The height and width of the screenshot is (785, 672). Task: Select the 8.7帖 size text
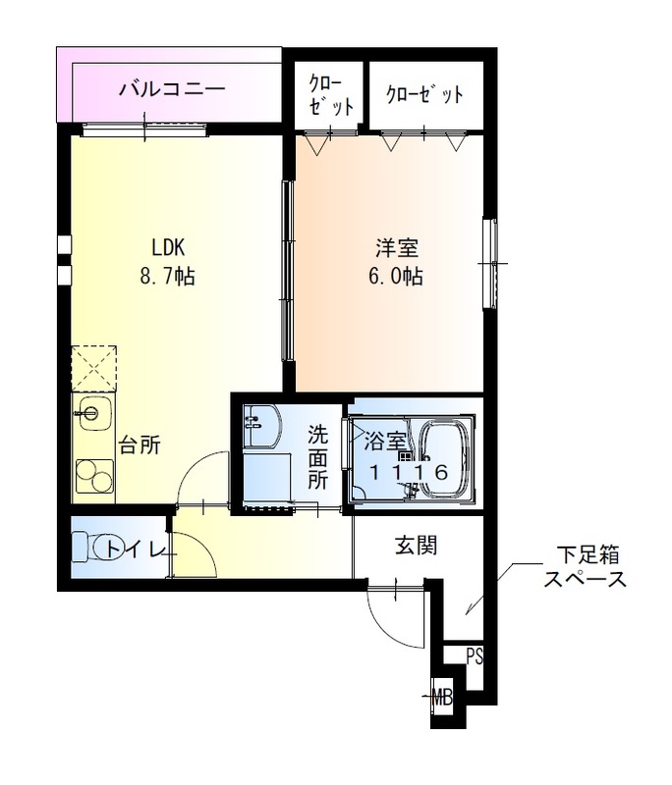click(x=167, y=277)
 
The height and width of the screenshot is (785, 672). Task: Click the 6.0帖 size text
click(x=395, y=277)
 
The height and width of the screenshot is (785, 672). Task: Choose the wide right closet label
click(x=423, y=95)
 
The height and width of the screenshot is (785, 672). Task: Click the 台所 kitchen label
click(x=140, y=445)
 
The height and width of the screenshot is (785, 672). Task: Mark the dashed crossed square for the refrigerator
click(x=94, y=366)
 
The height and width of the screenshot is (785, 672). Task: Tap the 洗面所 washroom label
click(x=317, y=456)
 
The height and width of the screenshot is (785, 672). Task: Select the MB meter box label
click(x=443, y=699)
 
